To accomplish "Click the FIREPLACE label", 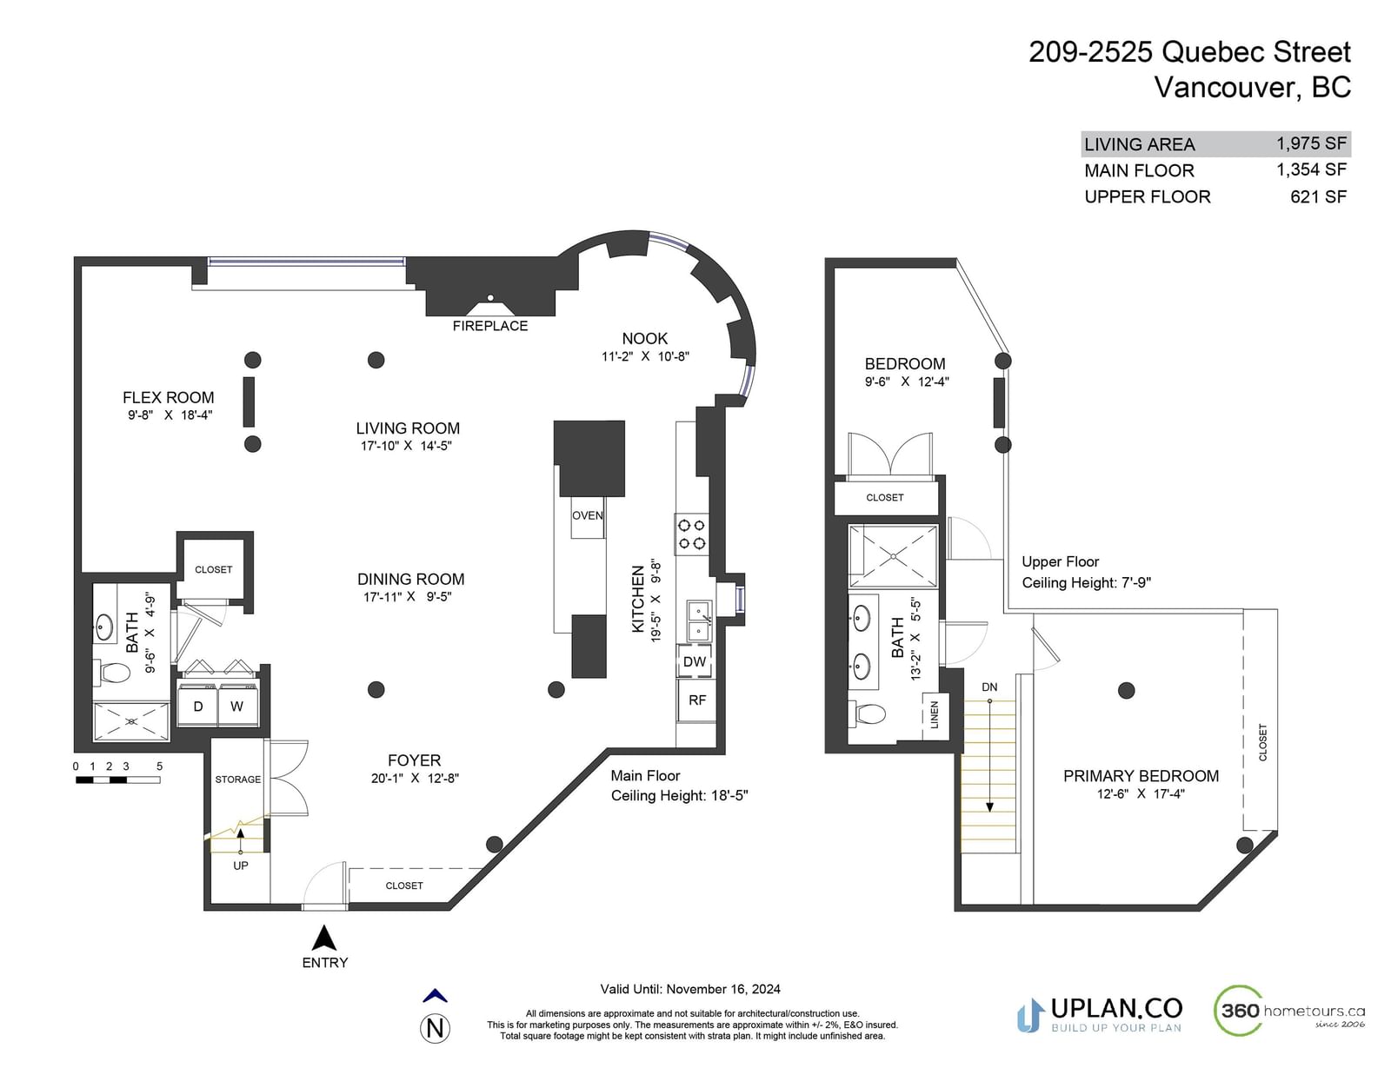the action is [489, 326].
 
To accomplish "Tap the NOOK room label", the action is [644, 339].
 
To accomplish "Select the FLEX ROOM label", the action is [169, 397].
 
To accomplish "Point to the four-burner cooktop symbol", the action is [691, 534].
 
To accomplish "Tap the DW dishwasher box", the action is [695, 661].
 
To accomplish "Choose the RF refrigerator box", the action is [697, 700].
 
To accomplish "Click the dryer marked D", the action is [198, 706].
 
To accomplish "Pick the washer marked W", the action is [237, 706].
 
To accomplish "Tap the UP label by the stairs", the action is [241, 866].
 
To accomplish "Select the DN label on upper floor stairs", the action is [989, 687].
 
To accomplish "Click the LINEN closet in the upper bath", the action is [935, 716].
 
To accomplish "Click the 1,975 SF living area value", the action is [1312, 143].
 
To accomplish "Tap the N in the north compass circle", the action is [435, 1029].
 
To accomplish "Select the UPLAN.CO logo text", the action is [1116, 1009].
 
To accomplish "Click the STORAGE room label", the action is [237, 780].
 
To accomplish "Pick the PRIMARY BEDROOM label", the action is [1141, 776].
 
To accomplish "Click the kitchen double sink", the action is [699, 620].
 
